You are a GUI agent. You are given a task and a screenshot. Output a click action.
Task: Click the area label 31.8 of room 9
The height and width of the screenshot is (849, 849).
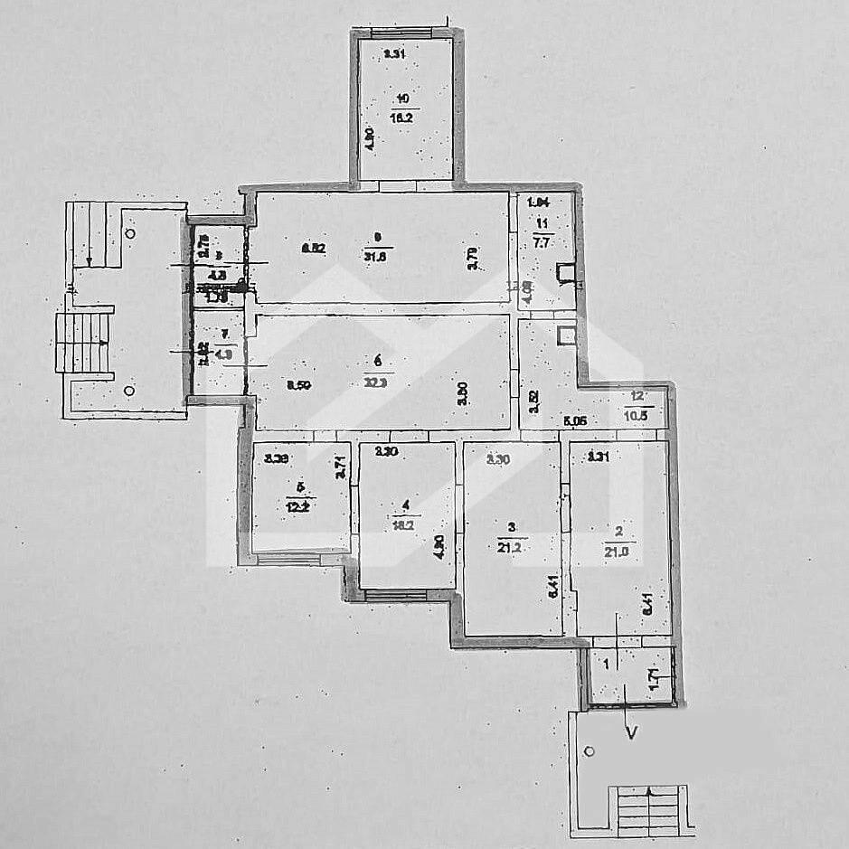coord(378,253)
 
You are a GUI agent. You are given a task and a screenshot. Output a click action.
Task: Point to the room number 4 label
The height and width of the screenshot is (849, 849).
coord(407,505)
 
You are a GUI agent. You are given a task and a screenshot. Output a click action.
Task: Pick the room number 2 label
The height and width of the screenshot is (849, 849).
coord(619,531)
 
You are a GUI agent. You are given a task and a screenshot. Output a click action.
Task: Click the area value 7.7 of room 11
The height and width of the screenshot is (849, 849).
coord(542,242)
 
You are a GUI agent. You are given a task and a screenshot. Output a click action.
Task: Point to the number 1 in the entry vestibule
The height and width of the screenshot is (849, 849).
coord(605,665)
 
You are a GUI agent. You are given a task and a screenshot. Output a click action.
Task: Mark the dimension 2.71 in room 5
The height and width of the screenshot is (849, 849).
coord(341,467)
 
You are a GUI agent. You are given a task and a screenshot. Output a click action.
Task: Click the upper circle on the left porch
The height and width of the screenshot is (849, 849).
coord(131,232)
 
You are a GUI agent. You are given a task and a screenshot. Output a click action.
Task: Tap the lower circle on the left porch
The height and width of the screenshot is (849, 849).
coord(129,391)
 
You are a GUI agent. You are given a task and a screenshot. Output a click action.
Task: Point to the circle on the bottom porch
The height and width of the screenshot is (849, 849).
coord(590,750)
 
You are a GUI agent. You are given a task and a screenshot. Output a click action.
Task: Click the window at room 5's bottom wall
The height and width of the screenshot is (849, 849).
coord(289,560)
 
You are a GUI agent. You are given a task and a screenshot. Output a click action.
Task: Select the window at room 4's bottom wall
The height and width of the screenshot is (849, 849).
coord(396,594)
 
